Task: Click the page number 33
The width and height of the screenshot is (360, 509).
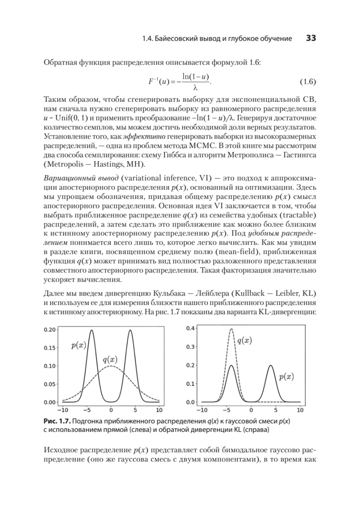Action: point(311,39)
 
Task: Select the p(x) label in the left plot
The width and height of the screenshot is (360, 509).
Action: point(78,345)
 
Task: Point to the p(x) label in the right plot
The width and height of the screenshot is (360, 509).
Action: point(287,376)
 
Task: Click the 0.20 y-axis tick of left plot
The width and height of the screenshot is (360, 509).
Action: point(50,330)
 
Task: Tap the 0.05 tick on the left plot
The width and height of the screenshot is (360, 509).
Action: point(50,384)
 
